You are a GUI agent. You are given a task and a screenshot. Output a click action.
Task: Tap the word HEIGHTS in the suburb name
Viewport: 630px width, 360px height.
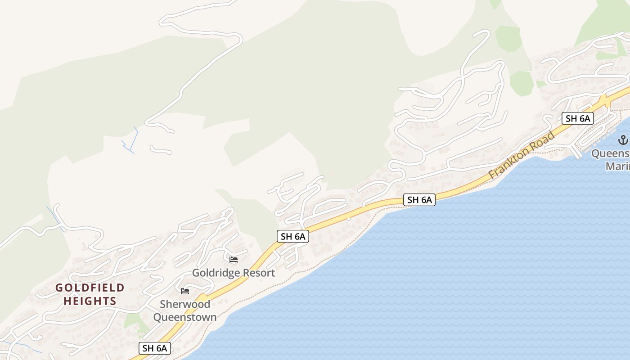click(90, 301)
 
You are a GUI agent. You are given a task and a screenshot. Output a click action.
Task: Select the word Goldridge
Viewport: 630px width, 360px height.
click(213, 273)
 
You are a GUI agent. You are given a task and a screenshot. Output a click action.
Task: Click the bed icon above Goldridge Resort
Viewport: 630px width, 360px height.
click(234, 260)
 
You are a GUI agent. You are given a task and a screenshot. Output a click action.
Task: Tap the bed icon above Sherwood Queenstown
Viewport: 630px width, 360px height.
click(184, 291)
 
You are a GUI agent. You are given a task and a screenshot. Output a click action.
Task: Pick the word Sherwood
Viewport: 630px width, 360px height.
click(185, 304)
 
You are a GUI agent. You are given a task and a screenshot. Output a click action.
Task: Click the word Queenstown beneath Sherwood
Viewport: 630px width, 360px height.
click(185, 317)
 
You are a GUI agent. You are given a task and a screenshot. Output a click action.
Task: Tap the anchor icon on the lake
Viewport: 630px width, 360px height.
click(623, 140)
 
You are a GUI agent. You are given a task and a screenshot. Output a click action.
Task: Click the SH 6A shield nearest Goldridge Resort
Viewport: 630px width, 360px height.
click(292, 236)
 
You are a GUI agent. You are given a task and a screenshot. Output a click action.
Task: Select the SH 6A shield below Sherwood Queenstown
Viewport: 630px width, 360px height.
click(155, 348)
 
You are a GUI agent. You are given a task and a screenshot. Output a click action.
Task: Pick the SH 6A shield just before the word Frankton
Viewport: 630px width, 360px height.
click(419, 200)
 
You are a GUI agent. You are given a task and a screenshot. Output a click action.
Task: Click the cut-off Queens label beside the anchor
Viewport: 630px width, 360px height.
click(611, 153)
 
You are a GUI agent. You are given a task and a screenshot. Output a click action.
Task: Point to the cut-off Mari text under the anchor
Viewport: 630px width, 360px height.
click(617, 166)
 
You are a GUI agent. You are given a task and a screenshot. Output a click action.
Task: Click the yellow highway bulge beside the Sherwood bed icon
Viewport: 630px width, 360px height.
click(202, 297)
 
